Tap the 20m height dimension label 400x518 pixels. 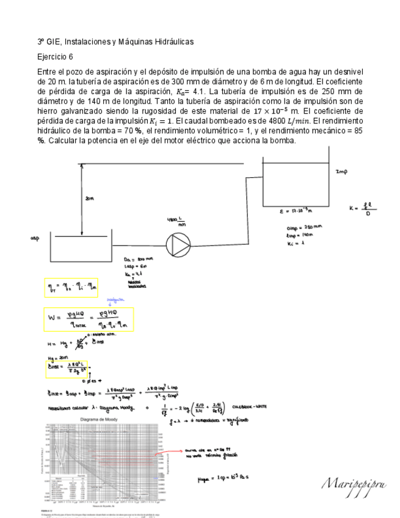89,199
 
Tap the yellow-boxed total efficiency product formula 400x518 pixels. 70,286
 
